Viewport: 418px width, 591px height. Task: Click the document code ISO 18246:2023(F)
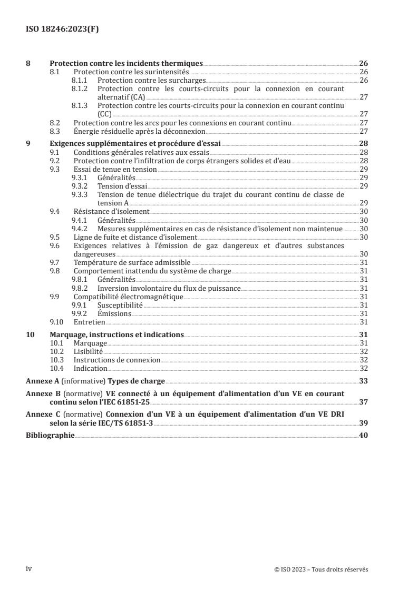click(x=62, y=29)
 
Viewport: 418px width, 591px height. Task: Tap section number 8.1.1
click(x=80, y=80)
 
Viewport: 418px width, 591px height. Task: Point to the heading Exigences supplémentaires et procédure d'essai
click(x=135, y=143)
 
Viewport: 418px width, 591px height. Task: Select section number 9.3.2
click(x=80, y=186)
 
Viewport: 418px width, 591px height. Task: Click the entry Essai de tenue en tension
click(x=115, y=169)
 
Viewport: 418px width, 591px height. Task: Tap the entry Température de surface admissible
click(x=132, y=262)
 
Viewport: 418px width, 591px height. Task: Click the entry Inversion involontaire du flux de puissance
click(x=169, y=288)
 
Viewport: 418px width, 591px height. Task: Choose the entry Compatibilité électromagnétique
click(x=128, y=297)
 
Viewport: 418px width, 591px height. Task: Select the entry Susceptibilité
click(x=120, y=305)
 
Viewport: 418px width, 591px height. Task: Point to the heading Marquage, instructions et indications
click(x=116, y=334)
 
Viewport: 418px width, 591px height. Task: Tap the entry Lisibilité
click(x=88, y=351)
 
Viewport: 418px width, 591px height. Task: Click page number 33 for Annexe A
click(x=363, y=381)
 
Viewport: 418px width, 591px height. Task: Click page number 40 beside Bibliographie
click(x=363, y=436)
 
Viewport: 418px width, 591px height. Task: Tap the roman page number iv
click(x=29, y=569)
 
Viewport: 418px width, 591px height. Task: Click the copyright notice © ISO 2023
click(x=322, y=569)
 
